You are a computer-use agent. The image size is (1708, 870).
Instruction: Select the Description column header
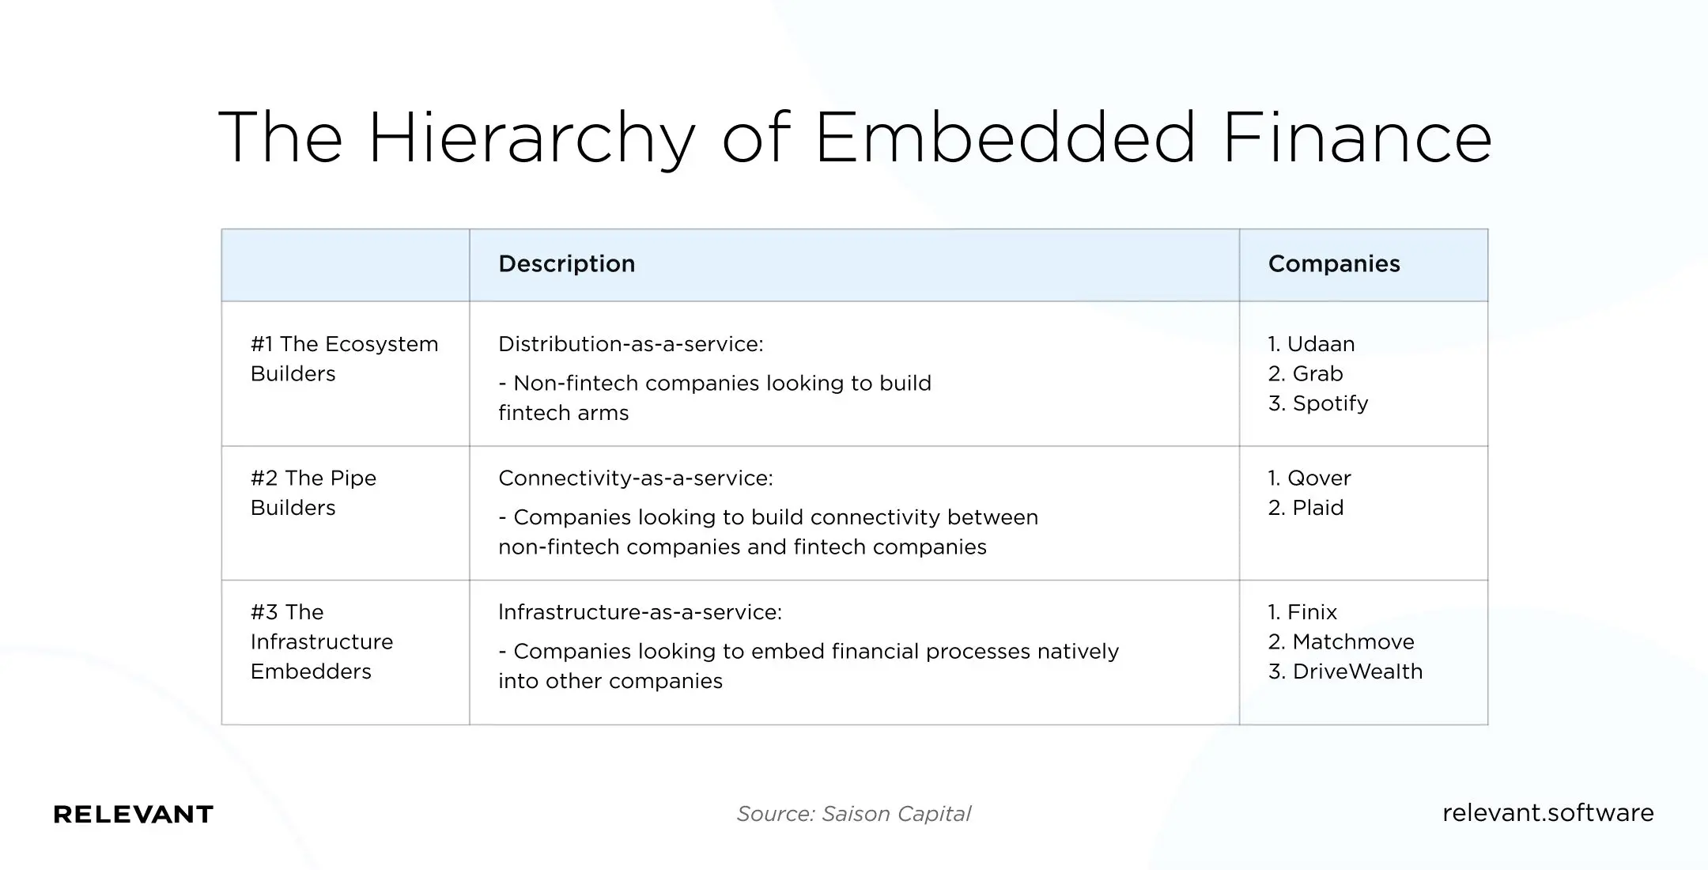pyautogui.click(x=566, y=264)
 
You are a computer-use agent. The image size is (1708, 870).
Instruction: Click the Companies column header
pyautogui.click(x=1333, y=264)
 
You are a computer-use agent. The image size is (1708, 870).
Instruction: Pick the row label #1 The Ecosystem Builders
pyautogui.click(x=344, y=359)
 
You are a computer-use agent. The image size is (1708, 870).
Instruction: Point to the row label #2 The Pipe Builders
pyautogui.click(x=313, y=493)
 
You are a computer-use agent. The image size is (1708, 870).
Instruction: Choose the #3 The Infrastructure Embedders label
pyautogui.click(x=321, y=641)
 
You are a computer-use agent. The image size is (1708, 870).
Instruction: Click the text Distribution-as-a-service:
pyautogui.click(x=630, y=344)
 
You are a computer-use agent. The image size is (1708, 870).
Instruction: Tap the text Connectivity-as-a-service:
pyautogui.click(x=635, y=478)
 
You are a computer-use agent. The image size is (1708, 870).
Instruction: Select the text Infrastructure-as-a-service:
pyautogui.click(x=640, y=612)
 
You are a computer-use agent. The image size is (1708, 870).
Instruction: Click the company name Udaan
pyautogui.click(x=1320, y=344)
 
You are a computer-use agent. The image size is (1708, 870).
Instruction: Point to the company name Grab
pyautogui.click(x=1317, y=373)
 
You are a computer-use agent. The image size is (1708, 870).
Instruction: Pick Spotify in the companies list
pyautogui.click(x=1329, y=403)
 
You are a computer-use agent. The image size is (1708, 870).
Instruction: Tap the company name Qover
pyautogui.click(x=1318, y=478)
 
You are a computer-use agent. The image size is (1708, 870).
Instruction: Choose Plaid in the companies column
pyautogui.click(x=1317, y=508)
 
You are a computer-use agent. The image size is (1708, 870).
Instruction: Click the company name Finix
pyautogui.click(x=1311, y=612)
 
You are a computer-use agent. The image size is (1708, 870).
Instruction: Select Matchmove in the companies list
pyautogui.click(x=1352, y=641)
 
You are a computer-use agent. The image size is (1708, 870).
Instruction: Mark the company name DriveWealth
pyautogui.click(x=1357, y=671)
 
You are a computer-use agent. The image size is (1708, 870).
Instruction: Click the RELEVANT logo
pyautogui.click(x=134, y=814)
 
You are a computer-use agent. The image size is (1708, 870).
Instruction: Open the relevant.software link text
pyautogui.click(x=1547, y=813)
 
